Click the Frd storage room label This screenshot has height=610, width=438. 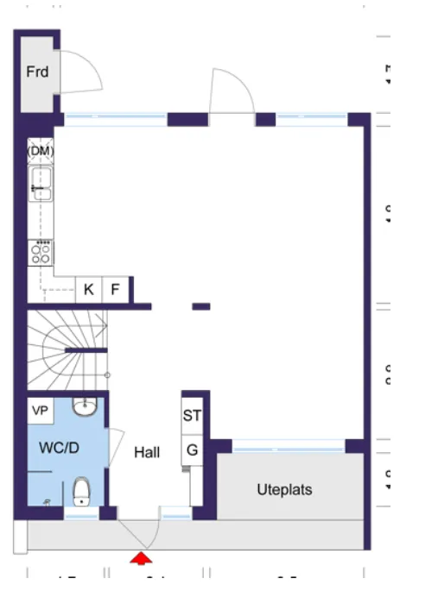tap(37, 72)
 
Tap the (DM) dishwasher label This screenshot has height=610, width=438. tap(41, 151)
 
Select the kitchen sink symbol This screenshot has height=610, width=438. tap(41, 185)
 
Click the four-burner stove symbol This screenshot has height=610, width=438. tap(41, 252)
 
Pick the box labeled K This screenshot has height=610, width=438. tap(88, 290)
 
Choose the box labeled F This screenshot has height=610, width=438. tap(116, 290)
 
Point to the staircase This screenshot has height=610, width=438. tap(65, 349)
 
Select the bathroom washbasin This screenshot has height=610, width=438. tap(84, 406)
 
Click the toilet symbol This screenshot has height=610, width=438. tap(82, 491)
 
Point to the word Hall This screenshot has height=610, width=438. tap(147, 452)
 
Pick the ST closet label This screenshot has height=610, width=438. tap(192, 416)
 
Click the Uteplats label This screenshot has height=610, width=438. tap(284, 489)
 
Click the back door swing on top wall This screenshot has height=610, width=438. tap(231, 91)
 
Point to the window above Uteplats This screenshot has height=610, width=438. tap(288, 446)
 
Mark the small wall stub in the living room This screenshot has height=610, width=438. tap(201, 306)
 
